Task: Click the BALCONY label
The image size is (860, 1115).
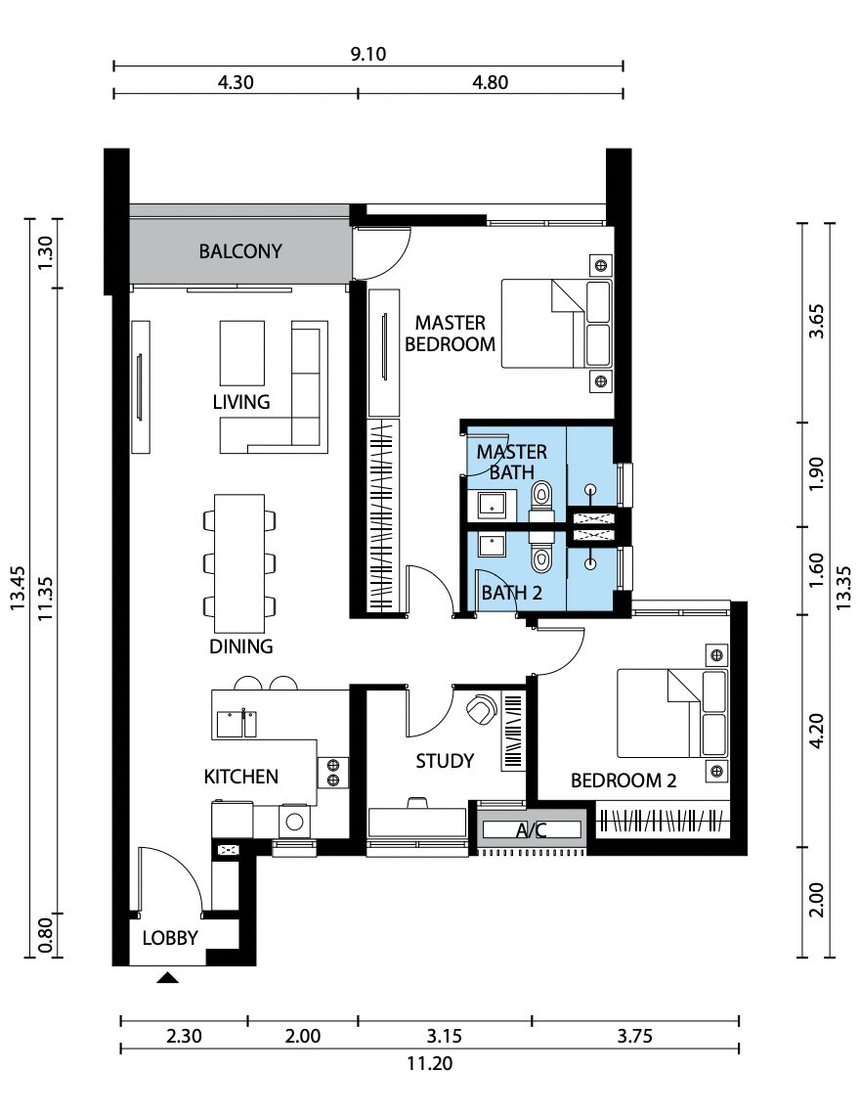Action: click(x=240, y=251)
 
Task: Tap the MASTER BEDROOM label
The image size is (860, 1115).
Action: click(x=450, y=334)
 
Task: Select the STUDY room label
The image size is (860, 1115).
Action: click(x=445, y=761)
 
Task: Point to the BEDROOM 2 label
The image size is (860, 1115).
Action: click(x=623, y=780)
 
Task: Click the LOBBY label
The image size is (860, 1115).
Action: click(x=170, y=938)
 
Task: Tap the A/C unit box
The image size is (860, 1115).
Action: click(x=532, y=829)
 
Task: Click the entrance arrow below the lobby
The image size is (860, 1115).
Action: click(x=168, y=978)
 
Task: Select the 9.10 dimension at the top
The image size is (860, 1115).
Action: click(x=368, y=54)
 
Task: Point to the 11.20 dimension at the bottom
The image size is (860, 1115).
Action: click(x=429, y=1064)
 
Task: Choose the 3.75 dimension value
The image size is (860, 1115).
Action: click(x=634, y=1036)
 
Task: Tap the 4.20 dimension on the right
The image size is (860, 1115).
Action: click(x=817, y=731)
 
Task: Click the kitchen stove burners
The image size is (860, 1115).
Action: click(x=332, y=773)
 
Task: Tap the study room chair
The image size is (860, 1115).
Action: click(x=482, y=707)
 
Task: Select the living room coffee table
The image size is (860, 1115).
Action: click(x=241, y=353)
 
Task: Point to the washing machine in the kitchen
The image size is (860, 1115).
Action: click(x=294, y=822)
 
